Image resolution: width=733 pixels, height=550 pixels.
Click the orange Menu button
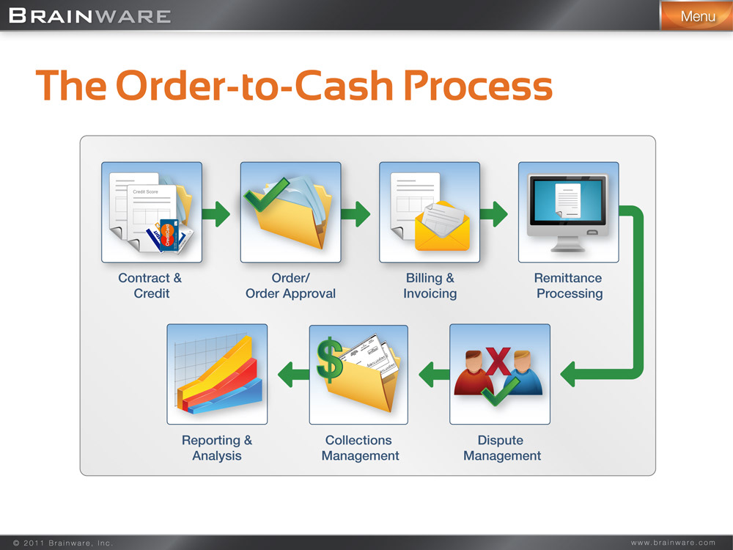[696, 15]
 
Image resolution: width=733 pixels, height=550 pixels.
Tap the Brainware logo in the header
[90, 15]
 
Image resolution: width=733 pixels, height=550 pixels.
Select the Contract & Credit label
[151, 286]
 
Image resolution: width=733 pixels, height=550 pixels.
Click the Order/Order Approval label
[290, 286]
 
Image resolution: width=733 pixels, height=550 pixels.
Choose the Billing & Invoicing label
[430, 286]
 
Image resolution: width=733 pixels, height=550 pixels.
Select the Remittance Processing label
[569, 286]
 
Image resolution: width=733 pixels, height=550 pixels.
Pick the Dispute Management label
[501, 448]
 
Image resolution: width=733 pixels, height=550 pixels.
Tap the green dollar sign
[329, 359]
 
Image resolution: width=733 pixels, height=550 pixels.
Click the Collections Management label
[359, 448]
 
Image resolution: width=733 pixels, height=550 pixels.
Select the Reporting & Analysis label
[217, 448]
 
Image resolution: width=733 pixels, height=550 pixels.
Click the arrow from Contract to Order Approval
[216, 214]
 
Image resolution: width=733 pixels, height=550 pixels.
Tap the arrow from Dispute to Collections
[433, 375]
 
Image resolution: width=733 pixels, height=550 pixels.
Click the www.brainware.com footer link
[673, 543]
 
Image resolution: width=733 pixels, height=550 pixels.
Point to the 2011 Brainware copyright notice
[63, 543]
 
